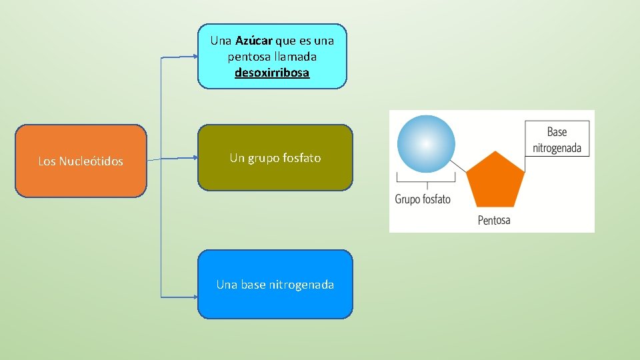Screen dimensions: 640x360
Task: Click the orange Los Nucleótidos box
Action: [x=81, y=161]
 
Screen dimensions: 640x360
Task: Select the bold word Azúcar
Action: [x=250, y=41]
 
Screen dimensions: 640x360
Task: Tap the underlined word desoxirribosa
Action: [x=272, y=73]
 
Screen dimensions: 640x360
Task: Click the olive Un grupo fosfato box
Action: [x=275, y=157]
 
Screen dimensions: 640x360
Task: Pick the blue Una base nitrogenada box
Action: [x=275, y=284]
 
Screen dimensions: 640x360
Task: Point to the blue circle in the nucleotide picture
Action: [x=426, y=144]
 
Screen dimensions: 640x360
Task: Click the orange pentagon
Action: [x=495, y=181]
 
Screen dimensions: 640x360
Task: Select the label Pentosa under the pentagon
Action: [x=494, y=220]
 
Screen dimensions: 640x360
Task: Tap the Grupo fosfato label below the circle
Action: [x=423, y=199]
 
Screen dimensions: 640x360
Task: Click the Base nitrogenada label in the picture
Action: [x=557, y=140]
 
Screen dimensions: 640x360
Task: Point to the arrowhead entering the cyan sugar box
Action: [x=194, y=57]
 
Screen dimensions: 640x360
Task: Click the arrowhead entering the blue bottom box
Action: [x=194, y=295]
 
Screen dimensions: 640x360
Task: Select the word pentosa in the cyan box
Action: [x=247, y=57]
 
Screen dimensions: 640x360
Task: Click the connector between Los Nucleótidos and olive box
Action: [x=172, y=159]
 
